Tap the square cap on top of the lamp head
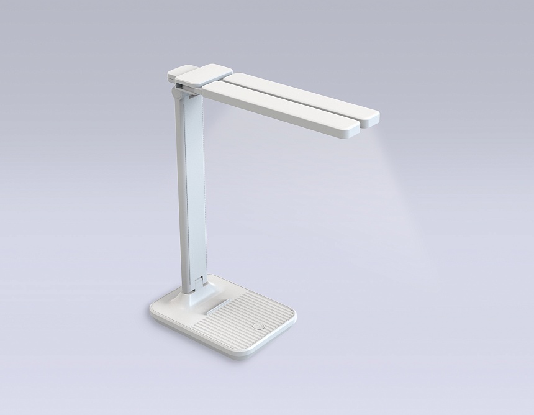tap(198, 75)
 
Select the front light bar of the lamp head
tap(280, 109)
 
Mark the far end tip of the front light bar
tap(349, 128)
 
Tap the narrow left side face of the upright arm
tap(181, 186)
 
